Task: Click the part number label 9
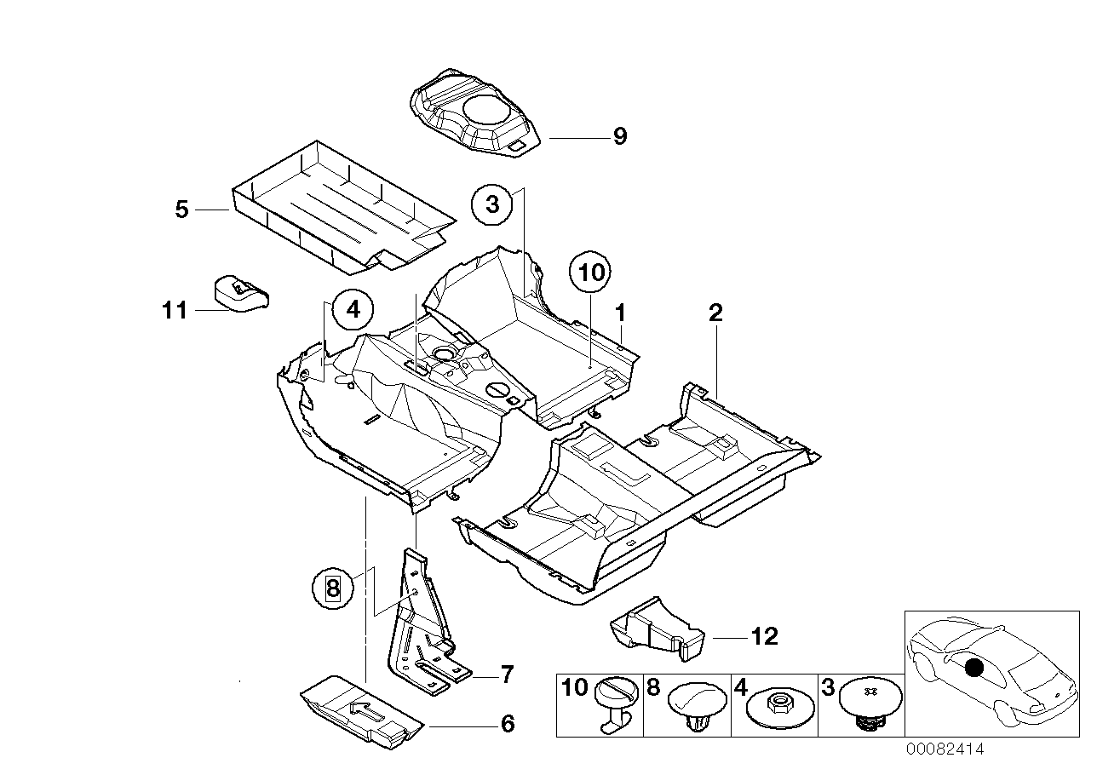(x=619, y=136)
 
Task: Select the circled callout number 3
(x=492, y=204)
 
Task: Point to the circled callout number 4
(x=353, y=310)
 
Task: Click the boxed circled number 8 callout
(x=332, y=587)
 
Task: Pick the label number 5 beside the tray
(x=181, y=209)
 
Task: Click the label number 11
(x=175, y=311)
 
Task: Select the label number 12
(x=764, y=636)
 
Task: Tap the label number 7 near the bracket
(x=506, y=675)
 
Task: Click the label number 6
(x=507, y=724)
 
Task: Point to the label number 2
(x=715, y=313)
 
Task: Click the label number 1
(x=622, y=312)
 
